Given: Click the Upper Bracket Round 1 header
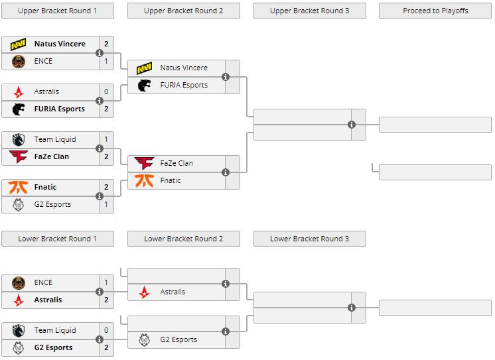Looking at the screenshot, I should tap(57, 11).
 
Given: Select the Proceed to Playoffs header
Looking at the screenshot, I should tap(435, 11).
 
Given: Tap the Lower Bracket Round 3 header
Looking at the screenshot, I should tap(309, 239).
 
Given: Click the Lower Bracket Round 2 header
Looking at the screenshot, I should tap(183, 239).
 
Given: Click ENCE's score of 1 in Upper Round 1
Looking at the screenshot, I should tap(106, 61).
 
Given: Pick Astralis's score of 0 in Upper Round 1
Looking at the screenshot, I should tap(106, 91).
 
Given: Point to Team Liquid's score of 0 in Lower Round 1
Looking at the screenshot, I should tap(106, 330).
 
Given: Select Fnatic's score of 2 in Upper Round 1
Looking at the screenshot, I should tap(106, 187).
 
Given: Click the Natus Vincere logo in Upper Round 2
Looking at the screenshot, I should tap(144, 68).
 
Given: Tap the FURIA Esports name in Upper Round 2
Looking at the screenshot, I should tap(184, 85).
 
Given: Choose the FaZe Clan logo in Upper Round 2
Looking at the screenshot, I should tap(144, 163).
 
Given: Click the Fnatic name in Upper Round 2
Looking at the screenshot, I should tap(171, 180).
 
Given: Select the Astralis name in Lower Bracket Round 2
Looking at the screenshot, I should tap(173, 292).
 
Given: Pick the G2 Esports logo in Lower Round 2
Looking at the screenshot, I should tap(144, 339).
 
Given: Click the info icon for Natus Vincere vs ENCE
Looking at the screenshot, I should tap(100, 52).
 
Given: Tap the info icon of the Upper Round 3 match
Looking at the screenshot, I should tap(352, 125).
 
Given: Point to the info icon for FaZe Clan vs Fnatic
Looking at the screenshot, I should tap(226, 172).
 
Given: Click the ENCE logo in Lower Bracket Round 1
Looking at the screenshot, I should tap(18, 282).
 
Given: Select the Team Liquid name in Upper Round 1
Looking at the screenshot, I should tap(55, 139).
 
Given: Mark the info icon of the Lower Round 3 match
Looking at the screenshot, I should tap(352, 308).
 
